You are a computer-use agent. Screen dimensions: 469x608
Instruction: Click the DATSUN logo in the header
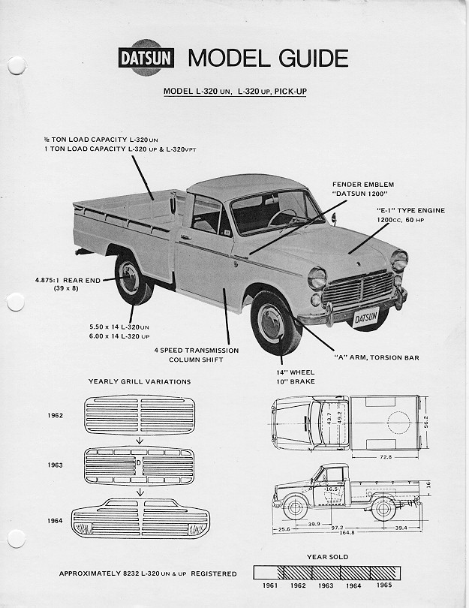[146, 58]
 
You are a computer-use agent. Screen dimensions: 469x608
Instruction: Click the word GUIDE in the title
[313, 58]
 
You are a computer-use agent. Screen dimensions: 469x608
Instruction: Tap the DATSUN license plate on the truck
[366, 318]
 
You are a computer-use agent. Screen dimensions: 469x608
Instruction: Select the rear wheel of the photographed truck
[133, 279]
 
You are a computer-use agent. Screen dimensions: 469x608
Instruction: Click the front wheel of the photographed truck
[275, 324]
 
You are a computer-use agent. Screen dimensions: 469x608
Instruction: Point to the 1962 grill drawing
[140, 415]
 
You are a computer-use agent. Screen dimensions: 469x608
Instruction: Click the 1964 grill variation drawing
[140, 519]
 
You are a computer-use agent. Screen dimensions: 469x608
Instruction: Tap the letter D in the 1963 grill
[139, 462]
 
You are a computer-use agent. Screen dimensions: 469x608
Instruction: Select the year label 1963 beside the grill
[55, 465]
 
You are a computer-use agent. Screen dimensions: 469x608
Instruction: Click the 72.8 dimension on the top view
[386, 457]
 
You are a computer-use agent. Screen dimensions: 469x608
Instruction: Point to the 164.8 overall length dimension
[347, 532]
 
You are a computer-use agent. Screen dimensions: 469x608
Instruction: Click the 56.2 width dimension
[426, 423]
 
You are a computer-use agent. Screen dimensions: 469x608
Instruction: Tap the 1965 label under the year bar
[384, 585]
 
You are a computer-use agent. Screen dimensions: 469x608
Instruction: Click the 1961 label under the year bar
[270, 585]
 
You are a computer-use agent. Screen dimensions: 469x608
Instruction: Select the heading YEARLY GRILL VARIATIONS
[140, 381]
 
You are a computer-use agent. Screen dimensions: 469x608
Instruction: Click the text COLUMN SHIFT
[196, 360]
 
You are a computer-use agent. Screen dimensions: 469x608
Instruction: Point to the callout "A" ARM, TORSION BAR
[377, 357]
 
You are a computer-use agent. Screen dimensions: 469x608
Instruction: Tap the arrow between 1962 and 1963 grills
[140, 440]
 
